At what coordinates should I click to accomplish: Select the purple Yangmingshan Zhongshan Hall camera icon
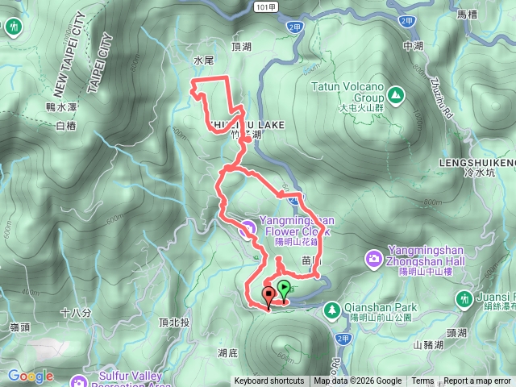coord(374,258)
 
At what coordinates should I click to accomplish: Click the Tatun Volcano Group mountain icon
coord(395,96)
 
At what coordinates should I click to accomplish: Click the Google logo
coord(31,376)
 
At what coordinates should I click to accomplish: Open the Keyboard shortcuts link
coord(269,381)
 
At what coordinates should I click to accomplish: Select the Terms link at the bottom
coord(422,381)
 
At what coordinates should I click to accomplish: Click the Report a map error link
coord(476,381)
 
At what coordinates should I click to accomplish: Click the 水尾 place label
coord(202,60)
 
